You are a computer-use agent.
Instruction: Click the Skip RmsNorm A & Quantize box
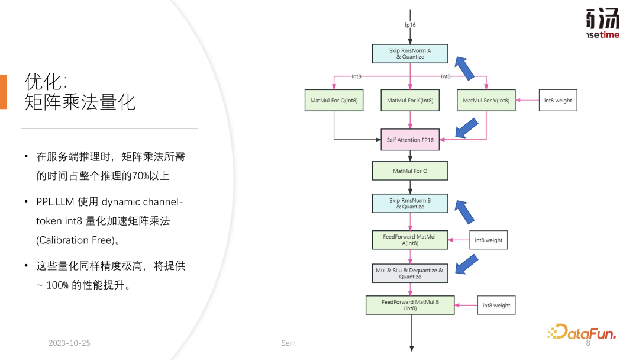pos(410,54)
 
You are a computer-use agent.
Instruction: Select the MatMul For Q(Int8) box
pos(334,101)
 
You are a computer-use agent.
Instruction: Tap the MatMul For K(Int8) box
pos(410,101)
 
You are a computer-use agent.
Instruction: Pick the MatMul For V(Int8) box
pos(486,101)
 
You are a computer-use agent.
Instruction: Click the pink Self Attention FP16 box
pos(410,140)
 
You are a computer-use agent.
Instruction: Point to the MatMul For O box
pos(410,171)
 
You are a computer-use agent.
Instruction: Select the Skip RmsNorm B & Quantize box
pos(410,204)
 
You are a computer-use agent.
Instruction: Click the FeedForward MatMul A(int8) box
pos(410,240)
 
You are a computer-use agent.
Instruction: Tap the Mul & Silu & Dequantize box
pos(410,273)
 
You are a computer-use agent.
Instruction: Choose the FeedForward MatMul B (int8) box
pos(410,305)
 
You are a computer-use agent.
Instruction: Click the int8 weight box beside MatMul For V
pos(558,101)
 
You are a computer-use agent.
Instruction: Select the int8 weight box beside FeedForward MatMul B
pos(496,306)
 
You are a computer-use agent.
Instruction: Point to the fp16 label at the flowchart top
pos(411,25)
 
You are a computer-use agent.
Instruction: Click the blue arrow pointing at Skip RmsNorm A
pos(464,69)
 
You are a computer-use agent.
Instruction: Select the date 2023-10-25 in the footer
pos(70,343)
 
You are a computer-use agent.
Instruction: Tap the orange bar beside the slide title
pos(4,92)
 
